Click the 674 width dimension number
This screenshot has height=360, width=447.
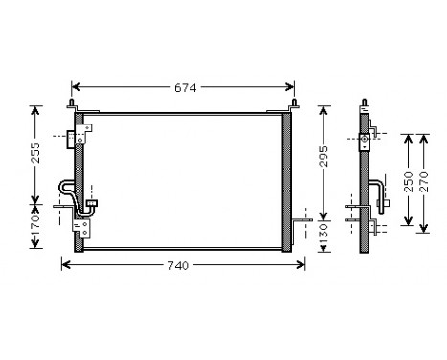(185, 88)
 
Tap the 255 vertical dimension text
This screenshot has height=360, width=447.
(36, 153)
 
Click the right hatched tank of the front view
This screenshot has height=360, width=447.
(288, 182)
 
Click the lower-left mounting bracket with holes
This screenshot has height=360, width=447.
(85, 229)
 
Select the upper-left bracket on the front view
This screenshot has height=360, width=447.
(70, 138)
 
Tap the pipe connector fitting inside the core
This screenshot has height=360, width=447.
(92, 204)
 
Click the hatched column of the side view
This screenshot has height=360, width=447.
(365, 182)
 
